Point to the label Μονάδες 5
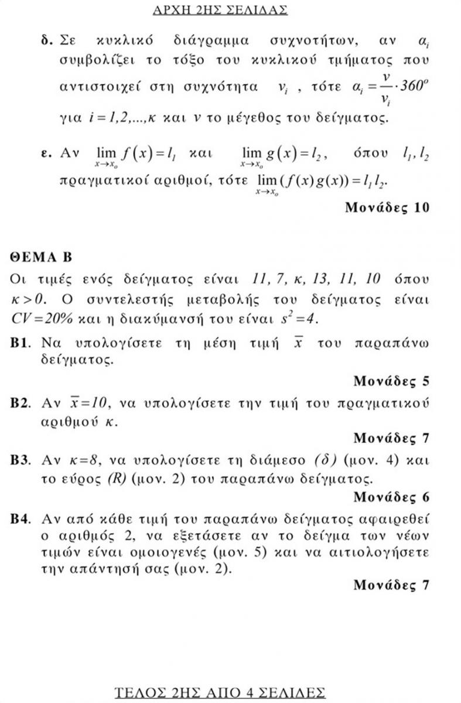point(392,381)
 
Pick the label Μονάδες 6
point(392,497)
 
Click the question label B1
point(21,343)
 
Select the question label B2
point(21,404)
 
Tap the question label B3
point(21,460)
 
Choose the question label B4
point(21,519)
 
